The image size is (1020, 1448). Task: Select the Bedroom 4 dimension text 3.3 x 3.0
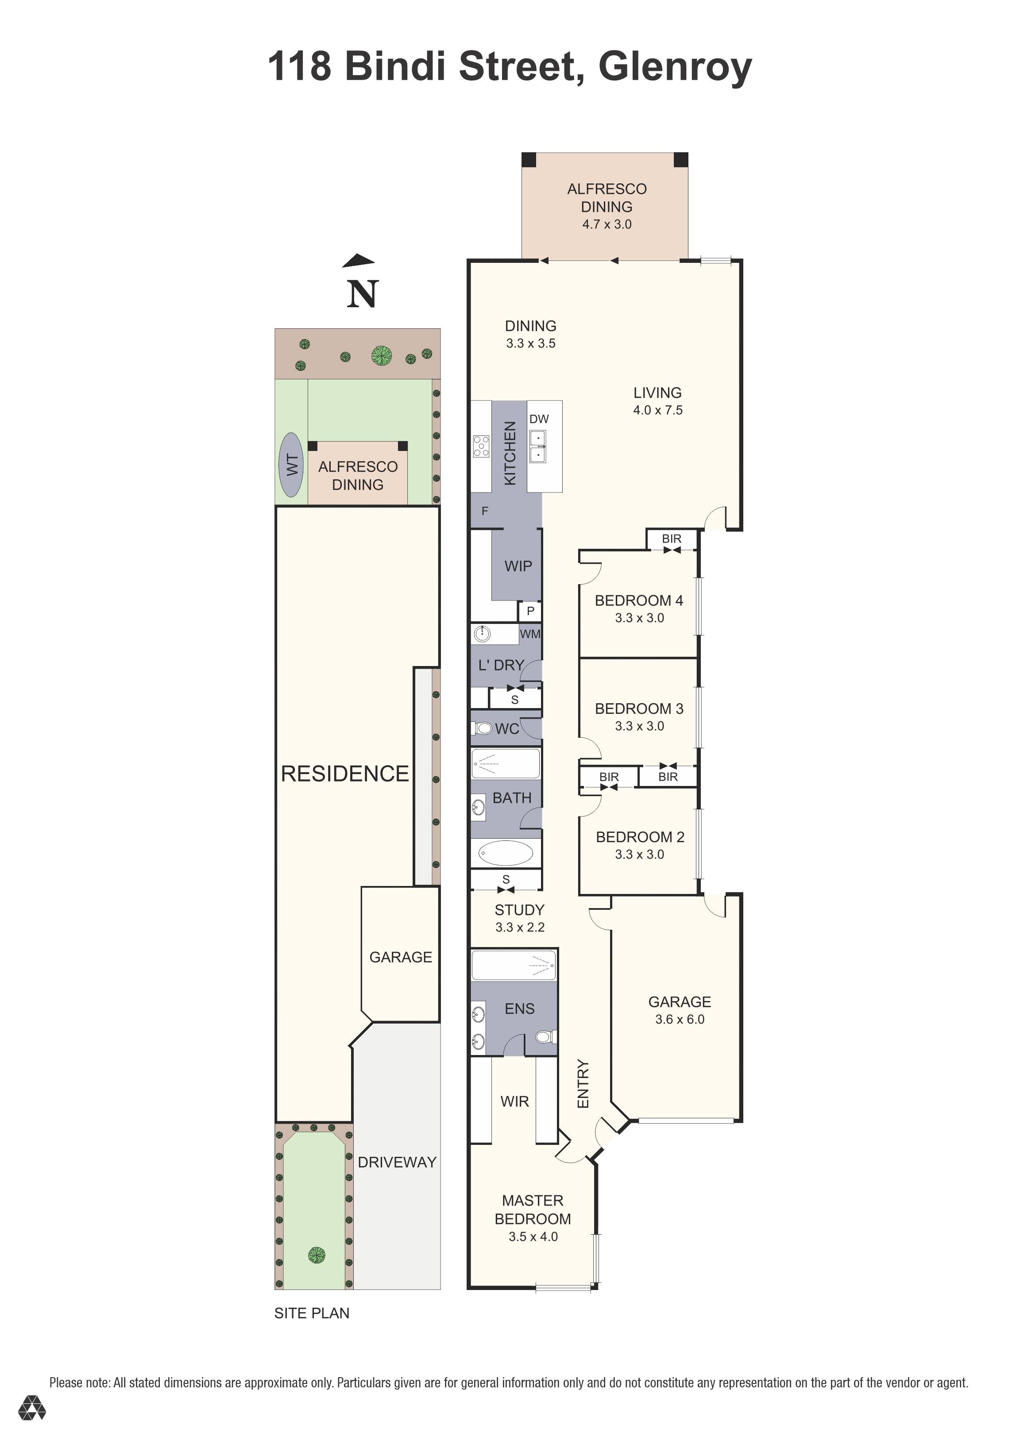[x=640, y=618]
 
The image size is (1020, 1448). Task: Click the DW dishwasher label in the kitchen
[x=539, y=419]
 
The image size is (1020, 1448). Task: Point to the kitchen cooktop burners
[x=481, y=446]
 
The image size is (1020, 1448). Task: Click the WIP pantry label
[x=518, y=566]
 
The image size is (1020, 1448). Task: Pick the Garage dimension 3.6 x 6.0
[x=680, y=1019]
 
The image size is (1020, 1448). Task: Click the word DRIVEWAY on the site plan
[x=398, y=1162]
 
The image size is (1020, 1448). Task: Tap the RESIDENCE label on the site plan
[x=345, y=774]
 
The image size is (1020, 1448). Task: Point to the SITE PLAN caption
[x=312, y=1313]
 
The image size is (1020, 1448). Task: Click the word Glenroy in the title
[x=675, y=67]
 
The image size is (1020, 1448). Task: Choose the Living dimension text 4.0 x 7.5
[x=658, y=410]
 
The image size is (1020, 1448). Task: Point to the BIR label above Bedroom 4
[x=672, y=539]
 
